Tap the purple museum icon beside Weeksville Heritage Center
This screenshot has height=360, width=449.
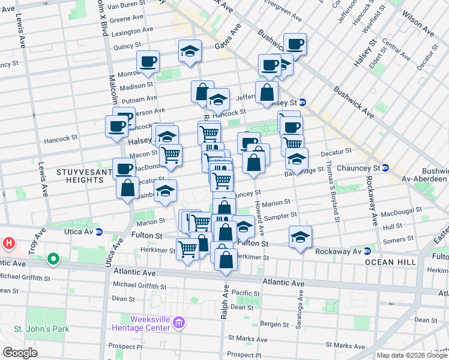[x=178, y=324]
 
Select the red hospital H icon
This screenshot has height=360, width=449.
[x=8, y=243]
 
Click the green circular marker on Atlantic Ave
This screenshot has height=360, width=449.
[x=53, y=259]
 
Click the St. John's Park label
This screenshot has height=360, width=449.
[x=41, y=329]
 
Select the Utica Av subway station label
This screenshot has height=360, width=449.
[x=82, y=232]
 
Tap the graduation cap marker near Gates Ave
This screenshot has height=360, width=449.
[x=190, y=52]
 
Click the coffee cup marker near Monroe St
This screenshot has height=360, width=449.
[x=148, y=61]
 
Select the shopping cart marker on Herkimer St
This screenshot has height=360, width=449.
[x=187, y=248]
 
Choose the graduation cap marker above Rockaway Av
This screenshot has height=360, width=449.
[x=300, y=237]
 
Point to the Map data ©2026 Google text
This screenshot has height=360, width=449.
[x=412, y=355]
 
